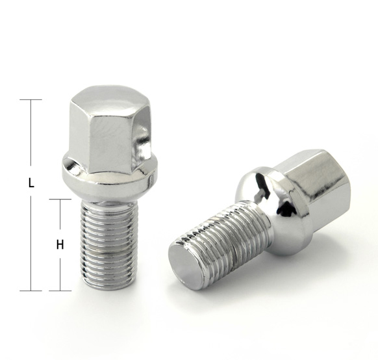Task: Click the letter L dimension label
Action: (31, 183)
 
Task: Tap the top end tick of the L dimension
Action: (31, 99)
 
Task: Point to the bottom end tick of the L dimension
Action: (31, 290)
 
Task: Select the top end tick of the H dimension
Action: (60, 199)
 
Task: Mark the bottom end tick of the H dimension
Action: (60, 290)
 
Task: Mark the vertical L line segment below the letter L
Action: (31, 240)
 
